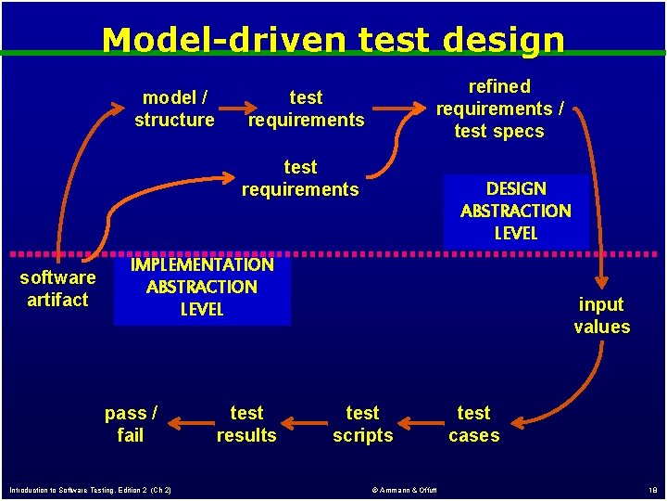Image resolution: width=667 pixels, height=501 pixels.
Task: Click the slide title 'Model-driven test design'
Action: point(333,39)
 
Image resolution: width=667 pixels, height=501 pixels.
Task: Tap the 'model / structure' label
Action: point(174,109)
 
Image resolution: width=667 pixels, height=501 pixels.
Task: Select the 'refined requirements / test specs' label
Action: point(499,109)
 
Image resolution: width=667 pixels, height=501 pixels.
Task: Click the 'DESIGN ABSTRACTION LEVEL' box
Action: point(515,212)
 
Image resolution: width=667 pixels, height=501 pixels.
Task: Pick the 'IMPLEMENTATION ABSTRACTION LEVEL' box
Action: point(202,287)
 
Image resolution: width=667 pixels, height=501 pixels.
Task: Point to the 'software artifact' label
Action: point(57,289)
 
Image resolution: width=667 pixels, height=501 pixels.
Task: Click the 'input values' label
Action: point(601,315)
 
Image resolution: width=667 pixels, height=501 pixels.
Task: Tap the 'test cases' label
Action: point(473,424)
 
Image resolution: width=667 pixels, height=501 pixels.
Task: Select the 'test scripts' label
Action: point(362,424)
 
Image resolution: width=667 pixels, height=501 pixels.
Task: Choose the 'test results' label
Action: point(246,424)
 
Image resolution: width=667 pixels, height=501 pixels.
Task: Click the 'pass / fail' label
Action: point(131,424)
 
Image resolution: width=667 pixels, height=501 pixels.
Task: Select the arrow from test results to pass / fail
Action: point(188,427)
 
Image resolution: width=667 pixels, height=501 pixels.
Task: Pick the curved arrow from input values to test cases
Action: point(574,390)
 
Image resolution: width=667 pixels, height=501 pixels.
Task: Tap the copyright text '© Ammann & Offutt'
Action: point(404,490)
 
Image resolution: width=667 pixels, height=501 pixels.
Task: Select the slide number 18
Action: point(652,490)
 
